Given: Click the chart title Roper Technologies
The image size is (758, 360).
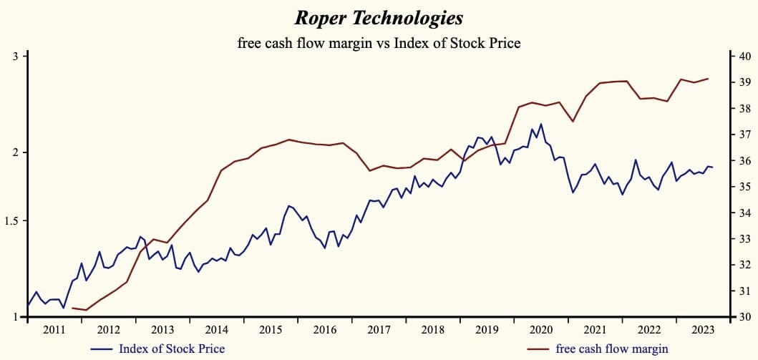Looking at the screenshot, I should pos(379,17).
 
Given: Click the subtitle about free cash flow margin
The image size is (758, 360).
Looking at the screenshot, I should pos(379,43).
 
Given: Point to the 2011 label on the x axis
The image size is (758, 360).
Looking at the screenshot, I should pos(54,330).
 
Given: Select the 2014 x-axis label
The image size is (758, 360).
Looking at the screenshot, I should pos(216,330).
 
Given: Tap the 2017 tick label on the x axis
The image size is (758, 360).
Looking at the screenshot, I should pos(379,330).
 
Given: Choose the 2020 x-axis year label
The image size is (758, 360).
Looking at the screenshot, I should pos(540,330).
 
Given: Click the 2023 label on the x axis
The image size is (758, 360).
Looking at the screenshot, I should pos(703,330).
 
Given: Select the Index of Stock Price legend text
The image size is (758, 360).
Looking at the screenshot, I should pos(172,349).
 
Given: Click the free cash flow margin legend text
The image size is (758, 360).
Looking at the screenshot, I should pos(612,349).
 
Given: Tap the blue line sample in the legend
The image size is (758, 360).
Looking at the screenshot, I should pos(103,349).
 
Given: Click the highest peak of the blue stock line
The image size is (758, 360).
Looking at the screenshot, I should pos(540,124).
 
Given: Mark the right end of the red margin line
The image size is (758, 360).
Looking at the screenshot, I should pos(709,79).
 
